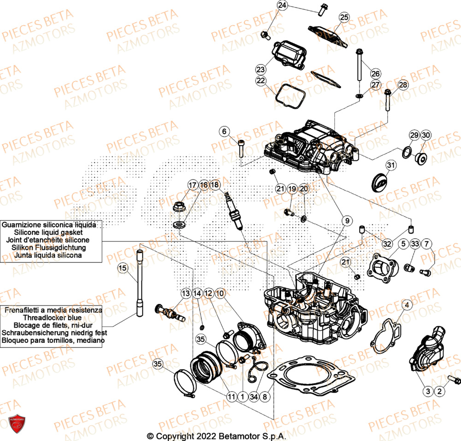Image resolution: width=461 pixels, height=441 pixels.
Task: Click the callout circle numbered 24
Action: point(282,6)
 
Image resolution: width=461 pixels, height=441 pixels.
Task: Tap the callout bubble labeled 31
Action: point(391,165)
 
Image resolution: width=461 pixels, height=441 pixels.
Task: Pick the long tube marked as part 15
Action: point(141,283)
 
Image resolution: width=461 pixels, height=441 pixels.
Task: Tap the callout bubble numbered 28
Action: point(403,85)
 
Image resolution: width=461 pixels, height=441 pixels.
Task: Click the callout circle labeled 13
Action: point(185,293)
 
